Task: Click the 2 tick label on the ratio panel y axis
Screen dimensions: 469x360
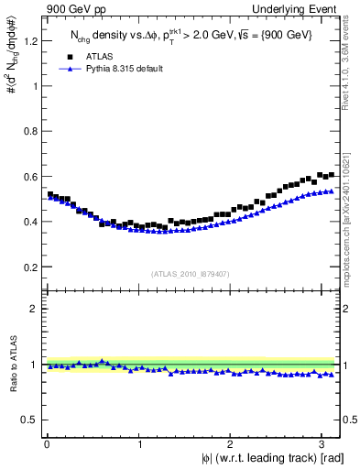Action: click(x=35, y=309)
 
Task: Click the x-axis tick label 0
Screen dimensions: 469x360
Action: click(x=46, y=445)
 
